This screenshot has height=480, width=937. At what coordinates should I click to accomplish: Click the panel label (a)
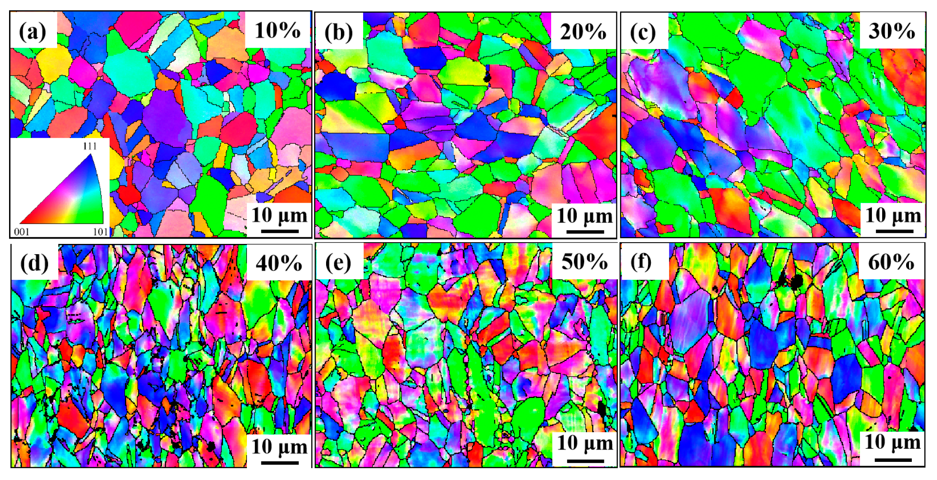tap(33, 31)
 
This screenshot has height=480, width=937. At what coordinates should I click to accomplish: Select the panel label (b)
tap(338, 32)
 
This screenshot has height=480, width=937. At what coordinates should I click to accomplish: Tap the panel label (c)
tap(643, 32)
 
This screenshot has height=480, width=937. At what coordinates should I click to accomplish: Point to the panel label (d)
tap(34, 263)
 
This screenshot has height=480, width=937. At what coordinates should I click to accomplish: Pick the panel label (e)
tap(339, 262)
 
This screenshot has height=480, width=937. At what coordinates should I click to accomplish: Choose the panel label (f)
tap(641, 262)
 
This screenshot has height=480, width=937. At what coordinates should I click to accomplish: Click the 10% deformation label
tap(277, 30)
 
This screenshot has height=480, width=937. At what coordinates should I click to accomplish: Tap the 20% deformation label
tap(583, 31)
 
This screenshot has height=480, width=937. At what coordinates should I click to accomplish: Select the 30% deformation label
tap(892, 31)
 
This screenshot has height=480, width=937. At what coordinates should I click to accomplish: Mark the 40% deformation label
tap(279, 263)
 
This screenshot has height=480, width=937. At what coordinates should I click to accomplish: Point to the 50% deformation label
tap(584, 261)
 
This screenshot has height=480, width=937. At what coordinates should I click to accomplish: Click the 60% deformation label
tap(891, 262)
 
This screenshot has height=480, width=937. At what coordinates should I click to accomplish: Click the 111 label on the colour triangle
tap(90, 146)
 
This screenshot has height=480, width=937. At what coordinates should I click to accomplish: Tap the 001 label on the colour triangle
tap(22, 232)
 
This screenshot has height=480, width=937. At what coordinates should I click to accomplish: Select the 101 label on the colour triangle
tap(100, 232)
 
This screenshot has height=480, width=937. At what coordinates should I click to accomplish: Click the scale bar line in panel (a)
tap(279, 231)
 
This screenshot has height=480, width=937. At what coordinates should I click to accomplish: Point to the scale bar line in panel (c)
tap(893, 231)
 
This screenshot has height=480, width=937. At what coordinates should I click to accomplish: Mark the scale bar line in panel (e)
tap(585, 461)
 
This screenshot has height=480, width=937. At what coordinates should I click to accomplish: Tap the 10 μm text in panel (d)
tap(279, 447)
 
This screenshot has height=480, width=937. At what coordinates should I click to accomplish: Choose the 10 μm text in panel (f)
tap(892, 442)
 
